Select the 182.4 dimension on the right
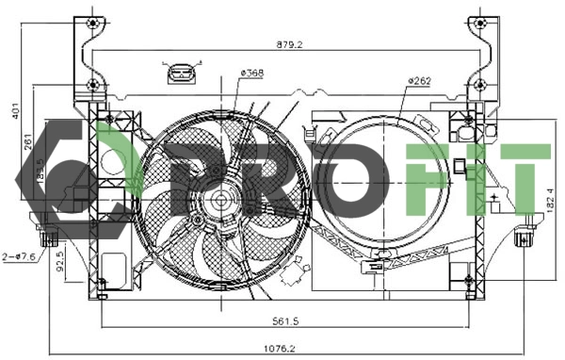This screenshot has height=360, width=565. tap(550, 199)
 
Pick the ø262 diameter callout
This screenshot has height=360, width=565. tap(420, 82)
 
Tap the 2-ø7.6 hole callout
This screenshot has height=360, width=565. tap(19, 255)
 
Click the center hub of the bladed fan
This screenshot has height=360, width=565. tap(223, 200)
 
